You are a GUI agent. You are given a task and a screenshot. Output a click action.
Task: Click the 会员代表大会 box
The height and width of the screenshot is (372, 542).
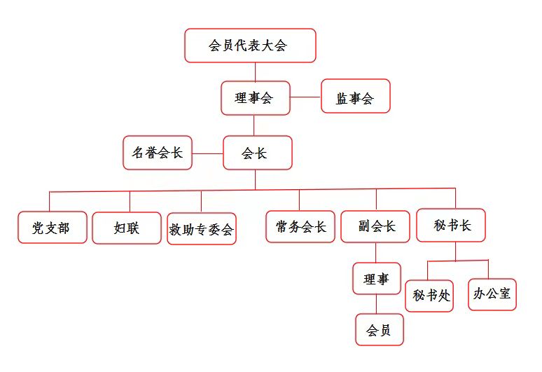250,46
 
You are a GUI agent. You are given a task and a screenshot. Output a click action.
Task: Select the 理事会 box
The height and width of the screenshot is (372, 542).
256,98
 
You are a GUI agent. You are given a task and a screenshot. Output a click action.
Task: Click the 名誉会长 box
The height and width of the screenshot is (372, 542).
158,153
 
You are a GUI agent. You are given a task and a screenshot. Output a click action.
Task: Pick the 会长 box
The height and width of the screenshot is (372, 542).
257,153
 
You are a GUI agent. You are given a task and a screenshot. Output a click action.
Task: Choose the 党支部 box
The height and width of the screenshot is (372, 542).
53,228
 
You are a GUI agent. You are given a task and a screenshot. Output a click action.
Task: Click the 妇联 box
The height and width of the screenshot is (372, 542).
127,228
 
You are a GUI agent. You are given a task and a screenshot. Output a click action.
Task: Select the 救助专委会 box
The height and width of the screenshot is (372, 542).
202,228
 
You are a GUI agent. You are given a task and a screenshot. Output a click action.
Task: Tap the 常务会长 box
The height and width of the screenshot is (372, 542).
300,226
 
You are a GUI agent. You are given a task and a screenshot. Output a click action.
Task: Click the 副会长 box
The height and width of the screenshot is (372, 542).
375,226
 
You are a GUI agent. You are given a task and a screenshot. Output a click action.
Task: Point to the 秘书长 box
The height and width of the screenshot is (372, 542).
451,225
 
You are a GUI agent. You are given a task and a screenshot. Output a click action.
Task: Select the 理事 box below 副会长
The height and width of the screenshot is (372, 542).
376,278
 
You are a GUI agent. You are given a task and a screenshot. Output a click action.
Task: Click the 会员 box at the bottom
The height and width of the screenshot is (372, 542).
379,330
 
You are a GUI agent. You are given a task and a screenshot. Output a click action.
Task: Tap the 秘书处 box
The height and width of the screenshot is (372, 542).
429,296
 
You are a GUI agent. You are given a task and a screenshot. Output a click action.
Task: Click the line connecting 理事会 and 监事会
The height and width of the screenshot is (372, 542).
305,97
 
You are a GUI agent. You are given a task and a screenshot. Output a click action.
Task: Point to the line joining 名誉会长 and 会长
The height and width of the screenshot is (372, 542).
207,153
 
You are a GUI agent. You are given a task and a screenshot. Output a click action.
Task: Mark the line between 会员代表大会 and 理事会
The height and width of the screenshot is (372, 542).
255,72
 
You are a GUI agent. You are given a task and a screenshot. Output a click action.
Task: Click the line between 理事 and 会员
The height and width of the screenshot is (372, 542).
377,305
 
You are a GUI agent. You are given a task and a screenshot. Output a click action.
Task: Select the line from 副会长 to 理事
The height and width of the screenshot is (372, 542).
376,252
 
